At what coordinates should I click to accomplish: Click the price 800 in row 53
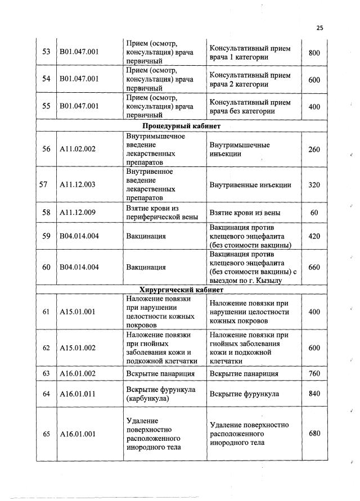314,53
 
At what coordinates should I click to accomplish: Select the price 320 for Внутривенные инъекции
314,184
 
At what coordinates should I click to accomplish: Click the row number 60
47,267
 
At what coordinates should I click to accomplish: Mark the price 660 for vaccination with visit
314,267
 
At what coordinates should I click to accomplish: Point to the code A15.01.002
78,348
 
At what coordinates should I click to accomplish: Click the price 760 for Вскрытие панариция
314,373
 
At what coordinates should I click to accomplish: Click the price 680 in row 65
314,434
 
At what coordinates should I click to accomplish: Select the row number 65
47,434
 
